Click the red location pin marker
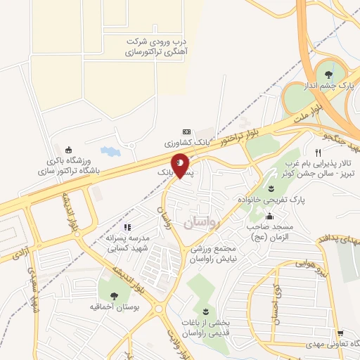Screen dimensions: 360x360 181,165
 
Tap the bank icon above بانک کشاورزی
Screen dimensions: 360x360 186,131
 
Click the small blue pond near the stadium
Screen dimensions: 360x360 110,151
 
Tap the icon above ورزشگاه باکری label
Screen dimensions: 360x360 67,149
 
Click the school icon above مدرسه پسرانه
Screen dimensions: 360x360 127,226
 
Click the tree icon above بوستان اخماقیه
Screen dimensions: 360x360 112,293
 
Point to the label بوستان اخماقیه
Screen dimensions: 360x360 112,307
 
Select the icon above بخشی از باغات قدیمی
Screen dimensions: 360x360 205,311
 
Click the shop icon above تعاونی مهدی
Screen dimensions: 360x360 340,333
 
